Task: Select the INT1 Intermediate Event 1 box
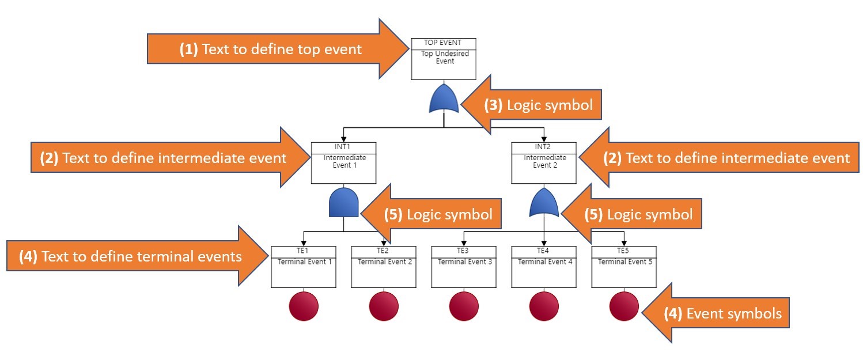(343, 164)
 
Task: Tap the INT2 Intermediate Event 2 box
(544, 164)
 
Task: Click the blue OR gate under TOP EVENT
(444, 98)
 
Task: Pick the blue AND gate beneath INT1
(344, 203)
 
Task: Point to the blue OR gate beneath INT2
(544, 203)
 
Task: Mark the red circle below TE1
(304, 306)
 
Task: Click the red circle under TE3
(464, 306)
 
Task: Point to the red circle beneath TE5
(624, 306)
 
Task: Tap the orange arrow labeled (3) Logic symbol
(536, 105)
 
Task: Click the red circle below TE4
(544, 306)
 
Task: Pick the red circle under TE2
(384, 306)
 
